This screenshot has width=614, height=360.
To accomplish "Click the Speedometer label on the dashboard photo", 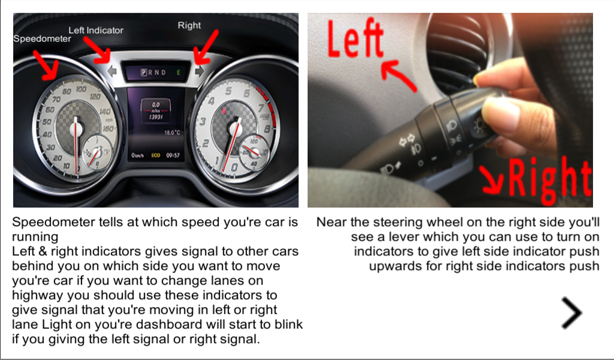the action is [43, 39].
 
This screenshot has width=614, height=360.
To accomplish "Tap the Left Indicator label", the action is [96, 30].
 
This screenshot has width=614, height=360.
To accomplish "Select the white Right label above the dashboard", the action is [189, 25].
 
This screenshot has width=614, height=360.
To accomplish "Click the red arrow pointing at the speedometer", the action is [46, 65].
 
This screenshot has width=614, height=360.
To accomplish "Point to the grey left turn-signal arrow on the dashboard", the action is [112, 71].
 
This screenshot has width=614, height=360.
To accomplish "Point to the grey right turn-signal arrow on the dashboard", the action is [199, 71].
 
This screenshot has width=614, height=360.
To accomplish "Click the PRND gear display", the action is [153, 73].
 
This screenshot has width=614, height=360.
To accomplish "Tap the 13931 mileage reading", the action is [156, 117].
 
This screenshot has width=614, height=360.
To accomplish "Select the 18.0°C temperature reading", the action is [172, 133].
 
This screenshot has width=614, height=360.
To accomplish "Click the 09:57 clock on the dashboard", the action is [173, 155].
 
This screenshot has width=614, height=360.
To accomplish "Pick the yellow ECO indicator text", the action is [156, 155].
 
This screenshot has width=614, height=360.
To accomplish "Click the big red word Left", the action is [355, 38].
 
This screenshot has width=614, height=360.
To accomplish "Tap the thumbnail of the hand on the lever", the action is [450, 110].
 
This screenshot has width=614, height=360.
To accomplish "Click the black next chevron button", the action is [571, 313].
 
